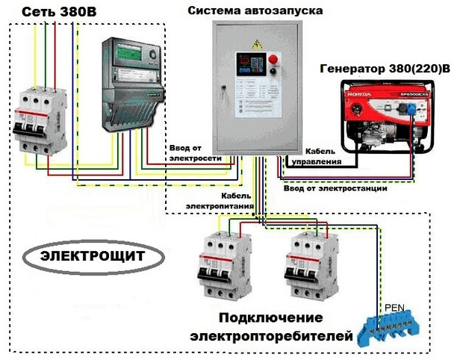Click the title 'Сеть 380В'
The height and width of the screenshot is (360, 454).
tap(59, 12)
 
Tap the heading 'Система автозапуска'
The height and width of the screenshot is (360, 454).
tap(255, 10)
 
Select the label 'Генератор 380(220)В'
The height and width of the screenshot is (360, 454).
tap(385, 69)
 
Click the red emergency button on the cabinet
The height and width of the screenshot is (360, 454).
tap(273, 59)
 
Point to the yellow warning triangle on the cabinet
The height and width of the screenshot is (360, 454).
tap(257, 44)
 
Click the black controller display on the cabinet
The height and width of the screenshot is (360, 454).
tap(251, 64)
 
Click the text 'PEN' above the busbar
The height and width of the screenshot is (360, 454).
tap(394, 308)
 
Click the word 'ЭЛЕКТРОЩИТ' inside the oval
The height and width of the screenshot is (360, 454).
tap(93, 256)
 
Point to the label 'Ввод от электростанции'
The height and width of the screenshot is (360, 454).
tap(335, 188)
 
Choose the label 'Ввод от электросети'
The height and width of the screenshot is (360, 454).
tap(196, 154)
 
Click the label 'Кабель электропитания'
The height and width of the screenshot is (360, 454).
tap(220, 202)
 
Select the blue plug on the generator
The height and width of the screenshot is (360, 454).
tap(410, 110)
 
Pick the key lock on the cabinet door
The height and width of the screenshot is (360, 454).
tap(224, 89)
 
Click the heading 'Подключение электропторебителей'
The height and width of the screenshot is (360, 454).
tap(271, 327)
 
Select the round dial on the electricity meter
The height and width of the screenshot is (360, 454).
tap(153, 54)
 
